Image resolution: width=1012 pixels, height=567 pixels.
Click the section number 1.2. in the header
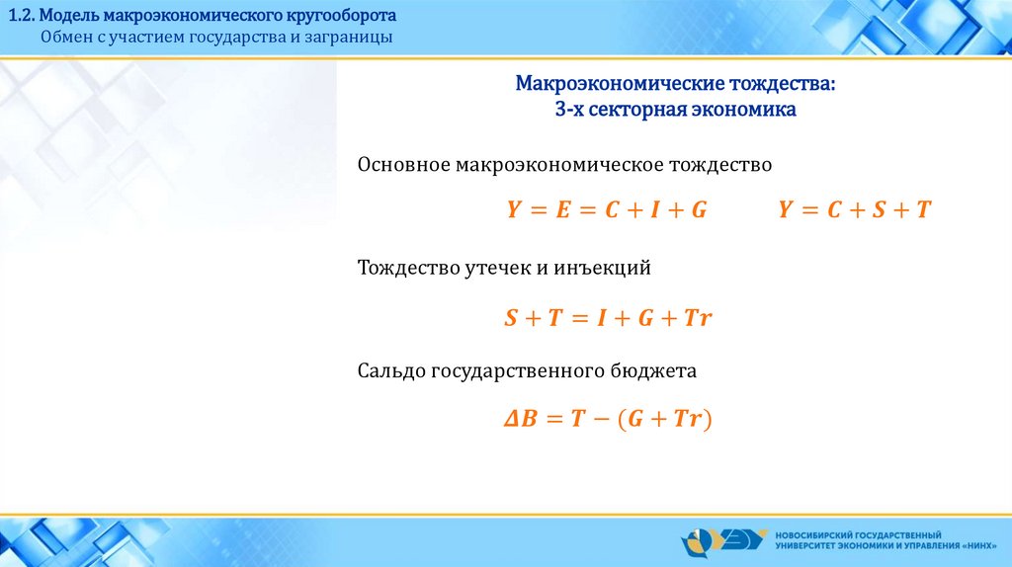pos(22,15)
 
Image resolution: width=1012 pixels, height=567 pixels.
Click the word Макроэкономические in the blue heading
pos(620,83)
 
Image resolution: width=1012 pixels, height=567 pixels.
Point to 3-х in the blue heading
pos(569,109)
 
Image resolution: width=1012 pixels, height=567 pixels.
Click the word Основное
pos(403,165)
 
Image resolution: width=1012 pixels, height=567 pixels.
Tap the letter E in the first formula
pos(563,209)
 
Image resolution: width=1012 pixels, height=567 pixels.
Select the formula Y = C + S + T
pos(855,209)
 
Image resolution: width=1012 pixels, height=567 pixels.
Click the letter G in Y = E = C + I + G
pos(699,209)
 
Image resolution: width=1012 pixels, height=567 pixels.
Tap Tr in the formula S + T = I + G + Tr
pos(697,317)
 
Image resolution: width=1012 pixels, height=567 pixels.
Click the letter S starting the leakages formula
pos(511,317)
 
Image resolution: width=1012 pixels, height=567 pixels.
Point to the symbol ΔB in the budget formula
pos(520,419)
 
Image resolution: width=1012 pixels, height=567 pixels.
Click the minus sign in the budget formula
pos(601,419)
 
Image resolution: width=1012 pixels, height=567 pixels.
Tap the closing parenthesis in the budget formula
pos(708,419)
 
